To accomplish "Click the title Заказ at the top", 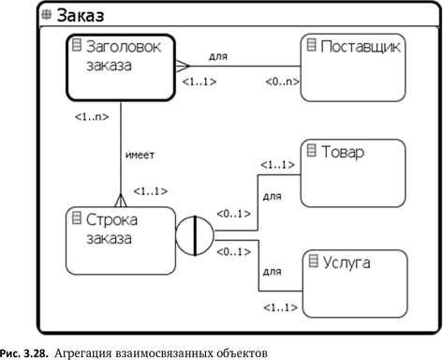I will click(81, 15).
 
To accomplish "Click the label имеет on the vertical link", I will click(139, 155).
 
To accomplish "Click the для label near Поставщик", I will click(218, 56).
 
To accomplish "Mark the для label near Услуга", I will click(273, 272).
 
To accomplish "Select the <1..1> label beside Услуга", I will click(278, 307).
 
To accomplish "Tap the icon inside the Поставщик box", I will click(311, 44).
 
